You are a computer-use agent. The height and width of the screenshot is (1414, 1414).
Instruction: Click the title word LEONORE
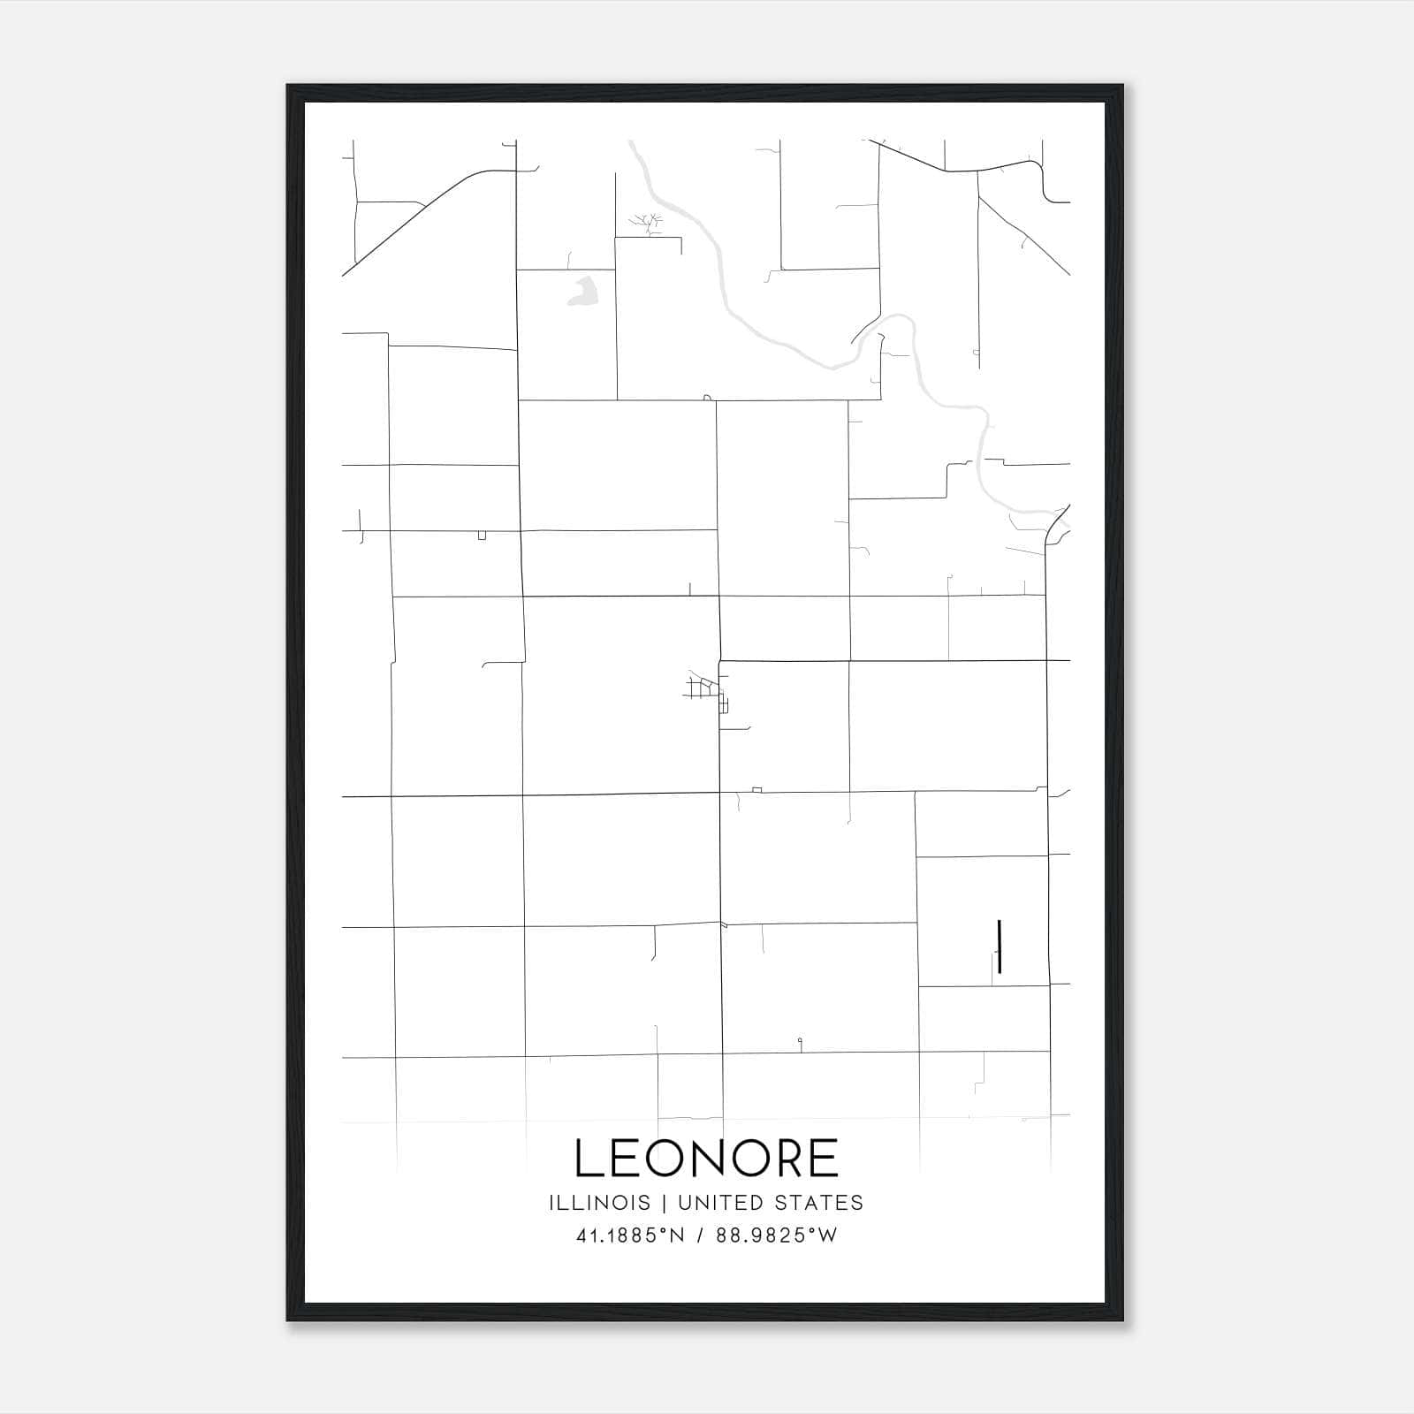pyautogui.click(x=706, y=1158)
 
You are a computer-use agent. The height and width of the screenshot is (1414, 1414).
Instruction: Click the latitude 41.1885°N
pyautogui.click(x=630, y=1235)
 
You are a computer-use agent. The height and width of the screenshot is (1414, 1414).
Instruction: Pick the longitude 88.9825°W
pyautogui.click(x=776, y=1235)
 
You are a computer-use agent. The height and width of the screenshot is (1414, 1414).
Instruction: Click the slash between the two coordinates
pyautogui.click(x=700, y=1235)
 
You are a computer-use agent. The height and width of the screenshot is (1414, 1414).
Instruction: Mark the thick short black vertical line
pyautogui.click(x=999, y=946)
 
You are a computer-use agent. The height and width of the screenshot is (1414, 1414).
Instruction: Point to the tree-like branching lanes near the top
pyautogui.click(x=647, y=223)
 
